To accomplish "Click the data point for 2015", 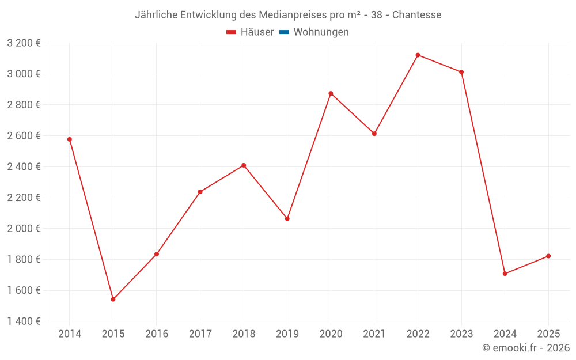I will [x=113, y=300].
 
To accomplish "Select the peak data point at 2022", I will [x=418, y=55].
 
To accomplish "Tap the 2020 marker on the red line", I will [x=331, y=93].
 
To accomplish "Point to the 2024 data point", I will [x=505, y=274].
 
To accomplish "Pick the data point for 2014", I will [x=70, y=139].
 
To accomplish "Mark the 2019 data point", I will [x=287, y=219].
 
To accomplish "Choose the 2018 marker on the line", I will [x=244, y=165].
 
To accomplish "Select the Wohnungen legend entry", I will [x=321, y=32].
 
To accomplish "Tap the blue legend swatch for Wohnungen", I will [x=284, y=32].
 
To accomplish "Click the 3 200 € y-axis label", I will [x=24, y=43].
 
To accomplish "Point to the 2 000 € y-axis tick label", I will [x=24, y=229].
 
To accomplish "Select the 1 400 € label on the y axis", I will [x=24, y=321].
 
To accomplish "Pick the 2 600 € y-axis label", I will [x=24, y=136].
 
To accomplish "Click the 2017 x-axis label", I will [x=200, y=334].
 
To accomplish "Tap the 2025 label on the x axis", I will [x=548, y=334].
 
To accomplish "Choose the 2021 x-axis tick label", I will [x=374, y=334].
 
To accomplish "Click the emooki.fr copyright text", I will [x=526, y=348].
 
